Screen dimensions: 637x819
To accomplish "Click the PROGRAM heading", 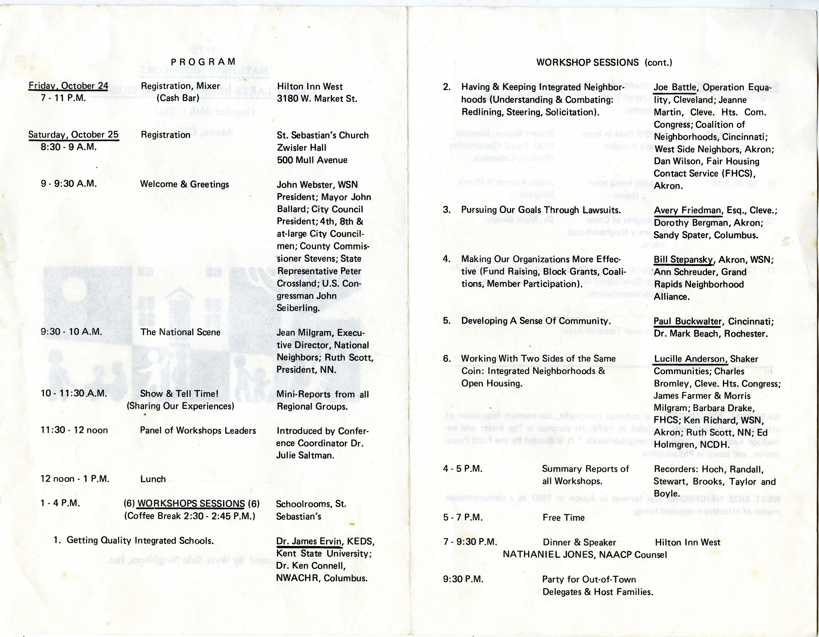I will (x=203, y=62).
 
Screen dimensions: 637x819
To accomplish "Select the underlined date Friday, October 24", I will (x=68, y=86).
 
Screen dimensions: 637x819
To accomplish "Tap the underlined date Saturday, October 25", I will (x=74, y=135).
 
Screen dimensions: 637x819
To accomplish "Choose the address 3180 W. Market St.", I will (x=317, y=99).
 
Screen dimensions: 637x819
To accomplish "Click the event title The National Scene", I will (x=180, y=332).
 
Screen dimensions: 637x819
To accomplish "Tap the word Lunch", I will (x=153, y=479).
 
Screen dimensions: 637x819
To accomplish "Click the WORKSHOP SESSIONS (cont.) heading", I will (x=604, y=62).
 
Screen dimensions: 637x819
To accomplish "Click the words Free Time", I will (x=563, y=518).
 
